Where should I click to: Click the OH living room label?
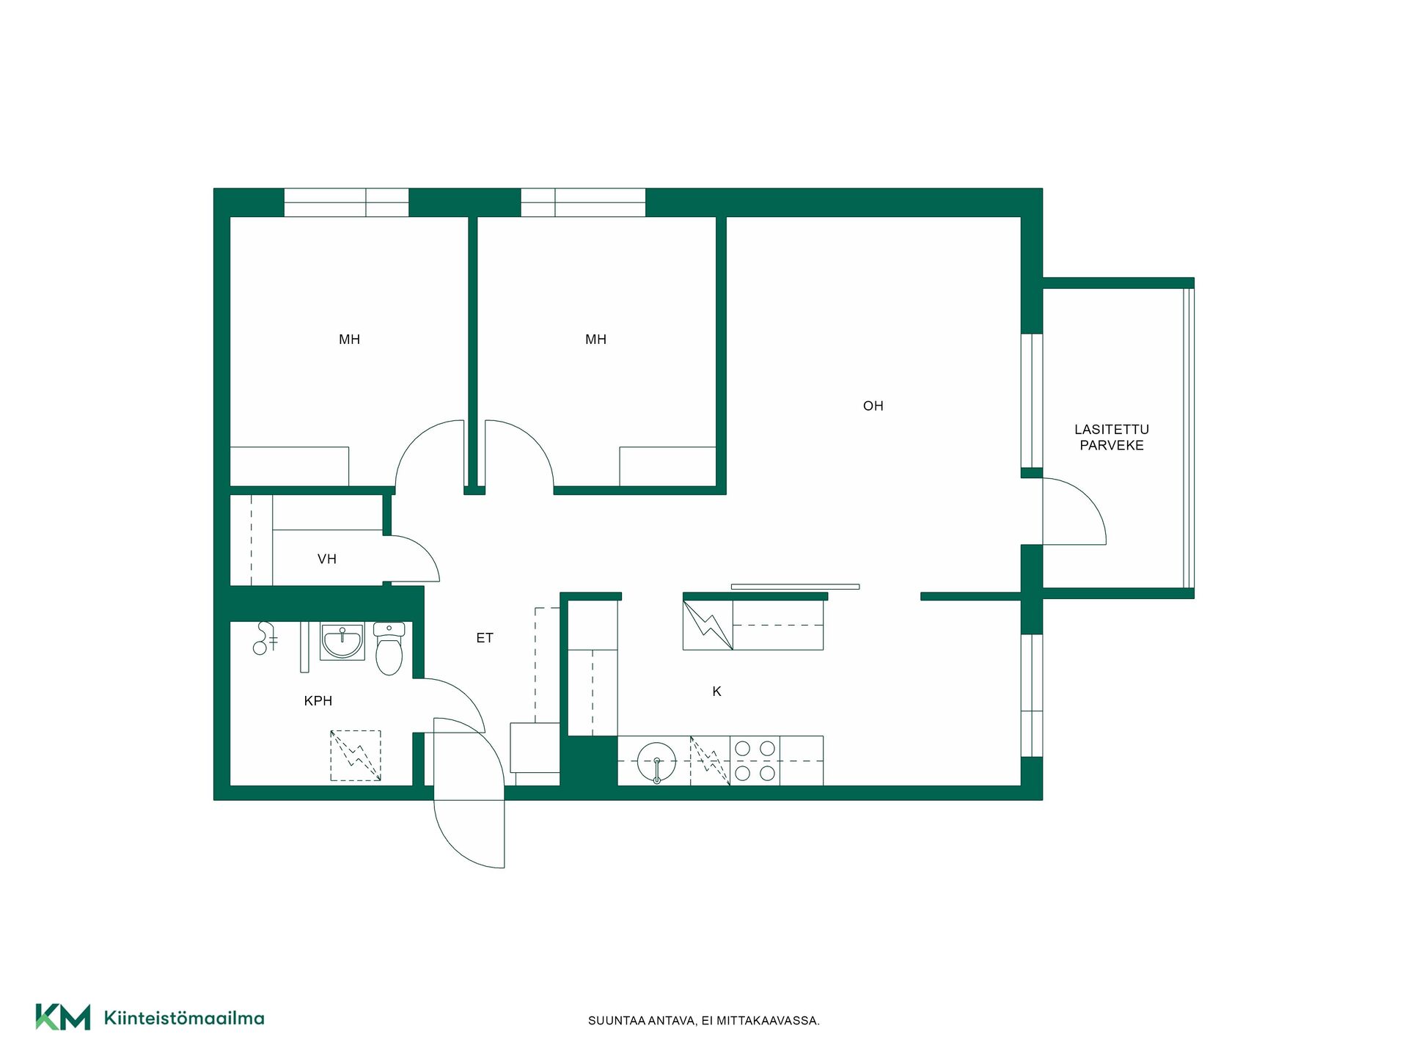(x=873, y=406)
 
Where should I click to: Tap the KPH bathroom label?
(x=318, y=701)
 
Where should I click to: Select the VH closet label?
(x=327, y=559)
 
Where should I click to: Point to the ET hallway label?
(x=485, y=638)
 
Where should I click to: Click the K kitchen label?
(x=717, y=691)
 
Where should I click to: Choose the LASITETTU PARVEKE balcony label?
(x=1112, y=437)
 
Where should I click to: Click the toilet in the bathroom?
(x=389, y=648)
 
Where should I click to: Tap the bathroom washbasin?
(x=342, y=641)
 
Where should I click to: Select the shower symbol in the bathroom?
(x=264, y=638)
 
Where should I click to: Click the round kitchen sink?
(x=656, y=761)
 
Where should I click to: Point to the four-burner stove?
(x=755, y=760)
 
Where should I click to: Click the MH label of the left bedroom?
(x=349, y=340)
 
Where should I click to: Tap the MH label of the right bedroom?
(x=595, y=340)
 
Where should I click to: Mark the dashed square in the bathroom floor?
(x=356, y=755)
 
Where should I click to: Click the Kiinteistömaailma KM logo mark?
(x=63, y=1017)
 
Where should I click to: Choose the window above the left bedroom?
(x=346, y=202)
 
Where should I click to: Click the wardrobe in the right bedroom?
(x=667, y=466)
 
